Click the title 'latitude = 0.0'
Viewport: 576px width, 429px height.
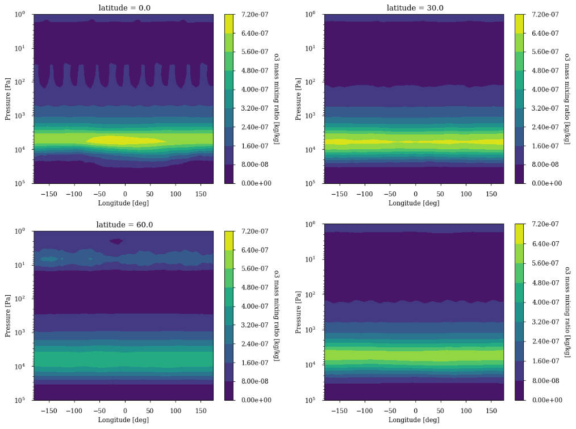coord(123,7)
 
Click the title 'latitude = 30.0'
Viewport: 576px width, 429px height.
coord(415,7)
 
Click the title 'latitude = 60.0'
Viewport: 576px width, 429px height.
coord(123,224)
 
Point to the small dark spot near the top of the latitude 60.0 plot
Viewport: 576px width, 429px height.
coord(116,241)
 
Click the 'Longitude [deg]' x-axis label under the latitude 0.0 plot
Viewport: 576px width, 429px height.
coord(123,203)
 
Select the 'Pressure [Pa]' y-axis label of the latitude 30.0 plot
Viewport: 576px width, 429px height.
coord(298,98)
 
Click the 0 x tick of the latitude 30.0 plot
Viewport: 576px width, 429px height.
coord(415,193)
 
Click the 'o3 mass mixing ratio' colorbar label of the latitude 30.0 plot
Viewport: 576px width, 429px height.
coord(567,98)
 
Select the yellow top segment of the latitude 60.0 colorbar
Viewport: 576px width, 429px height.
coord(229,240)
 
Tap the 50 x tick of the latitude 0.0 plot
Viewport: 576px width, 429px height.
coord(151,193)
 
